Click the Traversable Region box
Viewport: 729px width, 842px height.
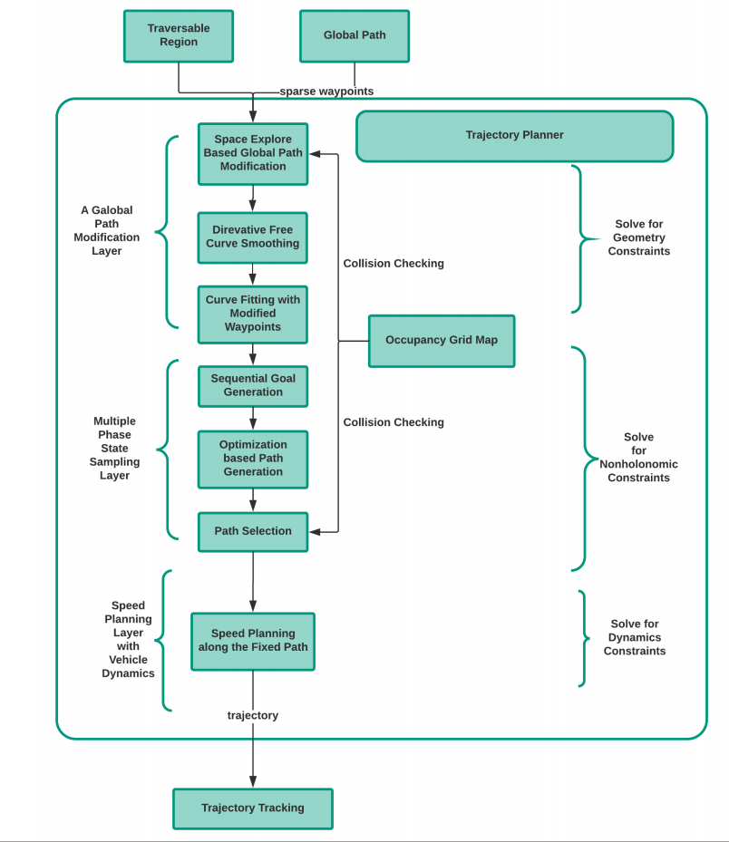click(x=179, y=35)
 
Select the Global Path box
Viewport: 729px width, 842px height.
click(x=355, y=35)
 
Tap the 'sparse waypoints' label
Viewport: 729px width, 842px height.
click(x=326, y=92)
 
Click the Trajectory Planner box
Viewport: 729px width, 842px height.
click(x=514, y=135)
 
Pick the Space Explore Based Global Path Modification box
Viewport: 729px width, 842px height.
click(x=253, y=153)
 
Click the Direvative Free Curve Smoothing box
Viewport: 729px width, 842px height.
click(x=253, y=237)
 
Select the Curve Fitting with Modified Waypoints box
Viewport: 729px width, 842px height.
click(x=253, y=314)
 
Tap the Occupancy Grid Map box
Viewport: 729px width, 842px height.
click(x=442, y=341)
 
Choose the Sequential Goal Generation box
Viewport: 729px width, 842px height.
click(x=253, y=385)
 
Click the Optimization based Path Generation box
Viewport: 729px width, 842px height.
click(x=253, y=458)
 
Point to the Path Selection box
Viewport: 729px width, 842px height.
click(x=253, y=531)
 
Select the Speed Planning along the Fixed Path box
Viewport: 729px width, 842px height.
click(x=253, y=641)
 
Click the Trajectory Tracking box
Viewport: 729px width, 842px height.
click(x=253, y=808)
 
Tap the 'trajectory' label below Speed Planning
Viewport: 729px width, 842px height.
click(x=253, y=715)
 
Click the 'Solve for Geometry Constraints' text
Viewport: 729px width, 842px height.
click(x=639, y=237)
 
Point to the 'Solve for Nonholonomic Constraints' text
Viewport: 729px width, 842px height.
click(x=639, y=458)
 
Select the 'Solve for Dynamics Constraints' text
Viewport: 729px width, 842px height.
click(x=635, y=637)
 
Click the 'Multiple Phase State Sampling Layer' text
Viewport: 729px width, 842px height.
click(x=114, y=449)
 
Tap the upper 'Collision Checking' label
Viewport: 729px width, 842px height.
click(x=394, y=264)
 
